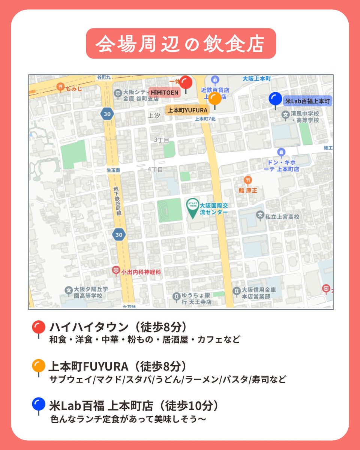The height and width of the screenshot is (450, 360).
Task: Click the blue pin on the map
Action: point(275,99)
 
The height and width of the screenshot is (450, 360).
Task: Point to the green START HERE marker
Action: point(193,207)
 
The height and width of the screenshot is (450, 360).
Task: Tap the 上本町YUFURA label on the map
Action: point(187,110)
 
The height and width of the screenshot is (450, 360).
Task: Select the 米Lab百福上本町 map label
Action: point(308,101)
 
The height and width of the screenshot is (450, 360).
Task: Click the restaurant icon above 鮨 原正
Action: point(247,181)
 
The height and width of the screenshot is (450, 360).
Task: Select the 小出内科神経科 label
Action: point(141,272)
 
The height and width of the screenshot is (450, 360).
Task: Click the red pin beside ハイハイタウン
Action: point(38,328)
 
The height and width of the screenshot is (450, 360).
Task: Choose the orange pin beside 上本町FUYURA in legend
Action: point(38,366)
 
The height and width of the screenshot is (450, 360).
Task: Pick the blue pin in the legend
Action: point(38,405)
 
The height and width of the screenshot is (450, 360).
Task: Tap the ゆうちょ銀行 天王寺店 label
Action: point(196,298)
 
